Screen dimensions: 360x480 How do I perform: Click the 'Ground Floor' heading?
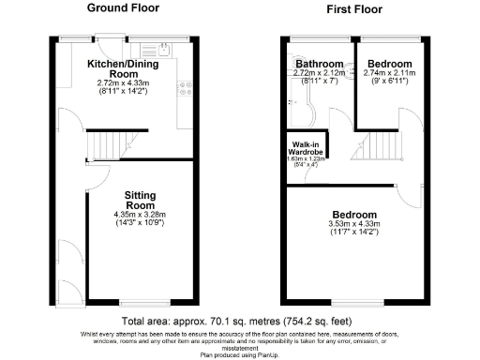coord(123,7)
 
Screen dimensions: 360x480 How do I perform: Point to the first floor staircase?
coord(382,146)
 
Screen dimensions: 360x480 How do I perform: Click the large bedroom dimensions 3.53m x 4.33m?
coord(352,223)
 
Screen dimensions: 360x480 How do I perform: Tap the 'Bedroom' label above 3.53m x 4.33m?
coord(352,215)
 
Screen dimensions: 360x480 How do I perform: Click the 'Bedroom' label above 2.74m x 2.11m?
coord(388,64)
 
